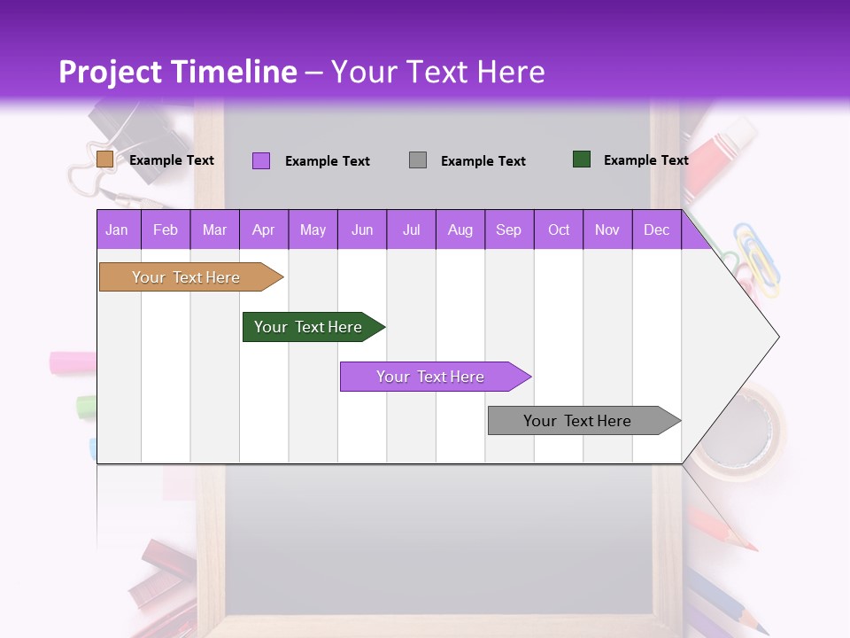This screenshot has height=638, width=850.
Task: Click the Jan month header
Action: tap(118, 230)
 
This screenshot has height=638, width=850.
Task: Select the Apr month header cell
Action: tap(264, 230)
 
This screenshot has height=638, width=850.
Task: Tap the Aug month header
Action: tap(460, 230)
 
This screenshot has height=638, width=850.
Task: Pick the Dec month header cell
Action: tap(656, 230)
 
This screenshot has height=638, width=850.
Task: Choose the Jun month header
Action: tap(362, 230)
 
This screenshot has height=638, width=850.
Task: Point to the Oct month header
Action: tap(559, 230)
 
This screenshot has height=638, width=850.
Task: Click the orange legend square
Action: tap(104, 159)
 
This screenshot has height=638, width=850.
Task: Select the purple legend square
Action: tap(261, 160)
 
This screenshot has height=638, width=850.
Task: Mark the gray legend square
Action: tap(418, 160)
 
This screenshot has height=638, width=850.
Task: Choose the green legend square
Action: tap(582, 159)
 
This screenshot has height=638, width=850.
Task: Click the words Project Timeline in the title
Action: tap(178, 72)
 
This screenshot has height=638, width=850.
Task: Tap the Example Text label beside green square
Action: tap(645, 160)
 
